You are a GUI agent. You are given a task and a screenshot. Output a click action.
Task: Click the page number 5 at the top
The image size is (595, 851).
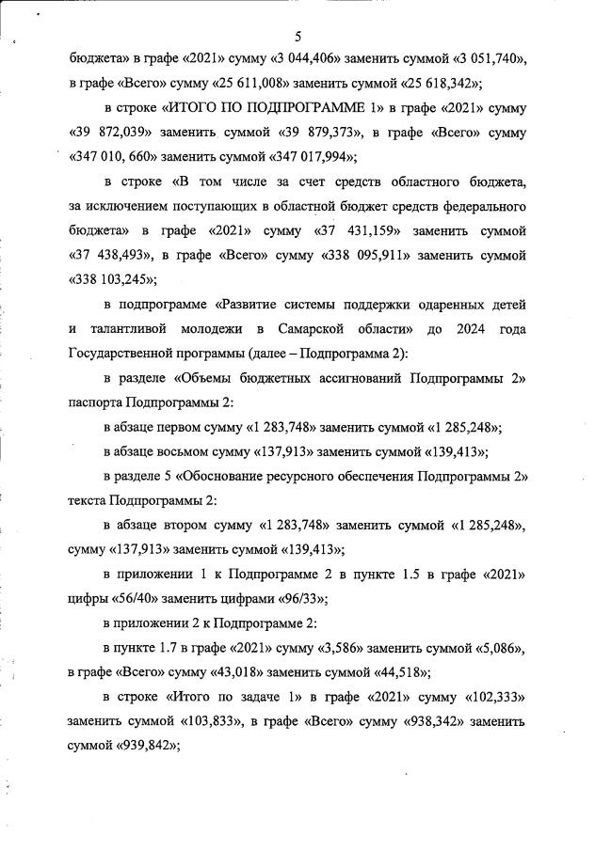297,37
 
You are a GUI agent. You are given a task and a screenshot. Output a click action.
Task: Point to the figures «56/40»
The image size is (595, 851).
134,598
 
